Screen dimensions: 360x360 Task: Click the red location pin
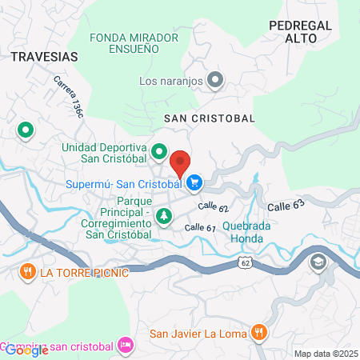(x=181, y=162)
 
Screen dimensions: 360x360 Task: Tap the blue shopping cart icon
(x=194, y=184)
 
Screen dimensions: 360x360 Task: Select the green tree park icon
(x=164, y=215)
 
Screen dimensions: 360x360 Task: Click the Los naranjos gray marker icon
(x=215, y=79)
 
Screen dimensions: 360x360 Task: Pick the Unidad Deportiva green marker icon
(x=159, y=150)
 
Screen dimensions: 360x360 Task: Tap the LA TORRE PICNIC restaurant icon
(x=27, y=271)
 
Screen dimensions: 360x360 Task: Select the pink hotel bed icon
(x=126, y=345)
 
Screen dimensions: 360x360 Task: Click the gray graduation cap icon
(x=319, y=261)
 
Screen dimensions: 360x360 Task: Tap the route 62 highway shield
(x=245, y=262)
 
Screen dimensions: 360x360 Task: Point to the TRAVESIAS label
(x=44, y=57)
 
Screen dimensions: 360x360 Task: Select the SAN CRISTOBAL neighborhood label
(x=209, y=118)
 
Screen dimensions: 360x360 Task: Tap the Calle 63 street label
(x=286, y=206)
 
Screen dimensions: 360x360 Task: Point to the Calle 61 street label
(x=200, y=227)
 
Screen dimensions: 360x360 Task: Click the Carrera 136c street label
(x=69, y=97)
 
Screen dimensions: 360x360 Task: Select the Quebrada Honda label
(x=246, y=232)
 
